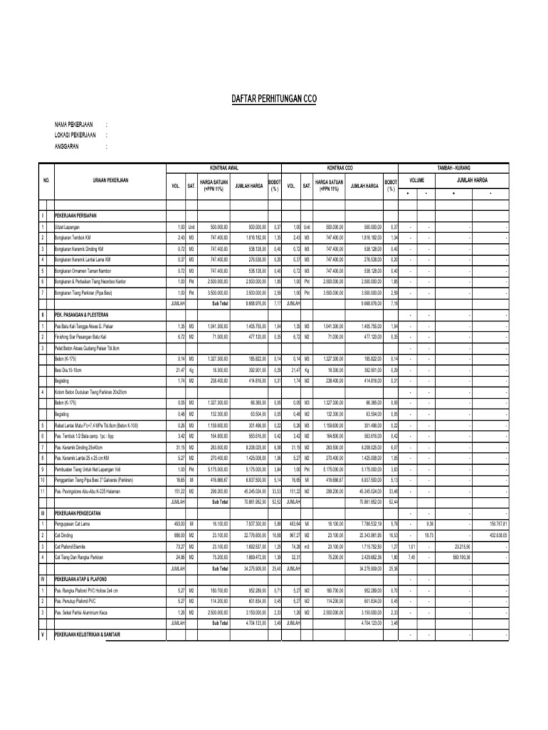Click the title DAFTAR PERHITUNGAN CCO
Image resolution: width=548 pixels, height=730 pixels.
pos(273,100)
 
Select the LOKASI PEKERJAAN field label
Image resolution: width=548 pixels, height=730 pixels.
pos(79,135)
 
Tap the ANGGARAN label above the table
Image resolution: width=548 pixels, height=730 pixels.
pos(68,147)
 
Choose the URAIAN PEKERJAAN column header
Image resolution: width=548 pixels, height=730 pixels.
pos(110,181)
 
